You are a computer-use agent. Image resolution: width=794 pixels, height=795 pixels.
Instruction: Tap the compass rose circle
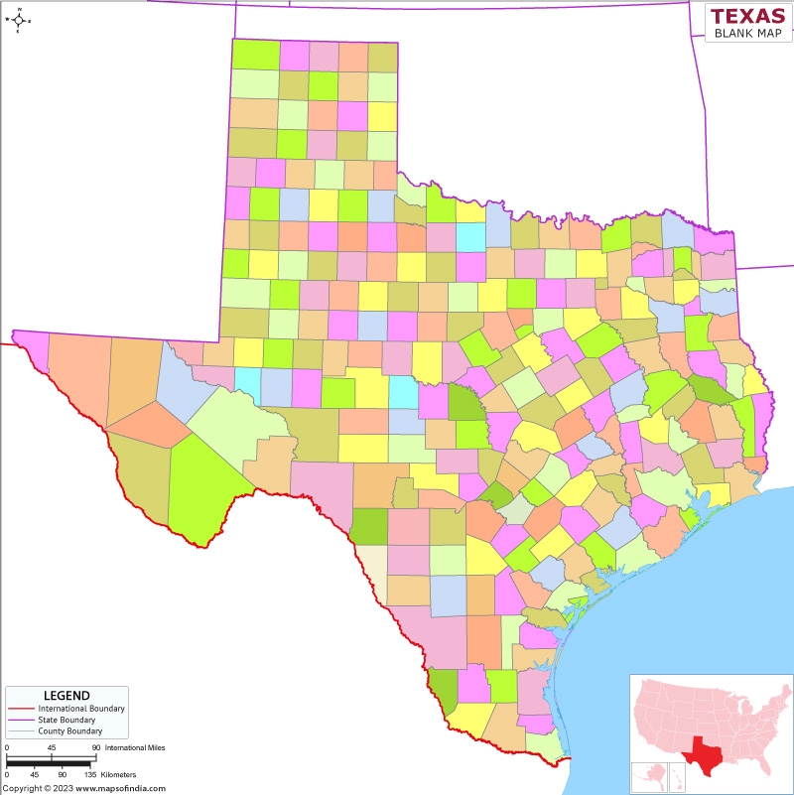18,20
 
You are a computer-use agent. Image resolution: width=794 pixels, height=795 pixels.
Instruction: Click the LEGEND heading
66,695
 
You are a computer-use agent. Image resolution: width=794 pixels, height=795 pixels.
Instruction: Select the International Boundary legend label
81,709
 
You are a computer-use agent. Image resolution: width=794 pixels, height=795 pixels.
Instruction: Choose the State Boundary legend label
67,720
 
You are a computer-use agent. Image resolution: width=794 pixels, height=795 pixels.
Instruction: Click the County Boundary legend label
69,730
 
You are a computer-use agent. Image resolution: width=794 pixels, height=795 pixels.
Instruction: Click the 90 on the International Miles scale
96,746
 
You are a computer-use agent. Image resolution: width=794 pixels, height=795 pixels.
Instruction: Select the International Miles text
135,746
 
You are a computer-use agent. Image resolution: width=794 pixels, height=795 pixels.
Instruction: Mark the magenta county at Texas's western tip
30,341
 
